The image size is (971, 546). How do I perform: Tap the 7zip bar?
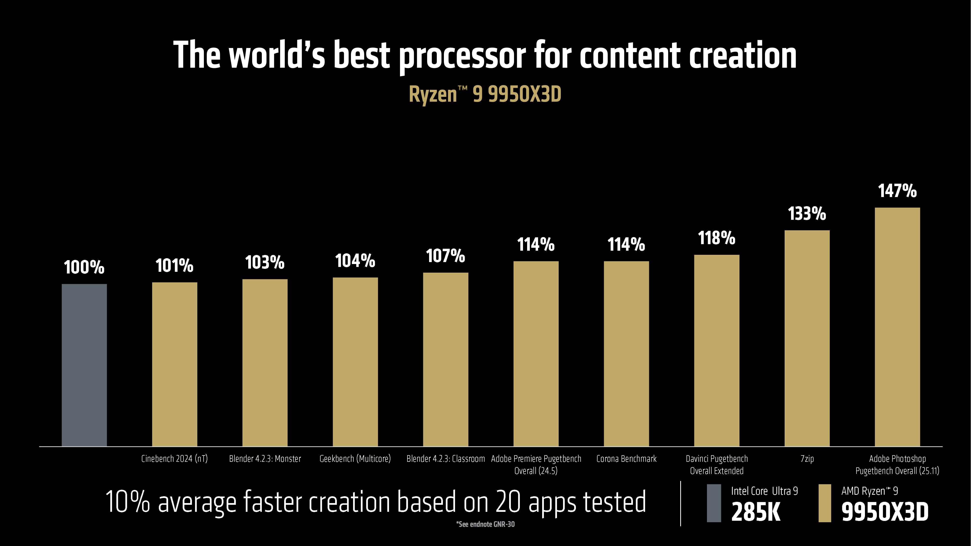[807, 338]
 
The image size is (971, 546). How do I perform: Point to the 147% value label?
[897, 191]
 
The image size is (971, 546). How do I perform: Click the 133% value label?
[807, 214]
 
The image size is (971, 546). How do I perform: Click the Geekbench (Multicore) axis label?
[355, 459]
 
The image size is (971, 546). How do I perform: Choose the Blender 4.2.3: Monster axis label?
[265, 459]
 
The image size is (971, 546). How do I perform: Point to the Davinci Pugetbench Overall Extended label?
[717, 465]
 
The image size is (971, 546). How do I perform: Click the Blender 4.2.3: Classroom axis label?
[446, 459]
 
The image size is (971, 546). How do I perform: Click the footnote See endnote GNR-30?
[485, 524]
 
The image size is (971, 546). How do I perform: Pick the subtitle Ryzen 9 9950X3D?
[485, 94]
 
